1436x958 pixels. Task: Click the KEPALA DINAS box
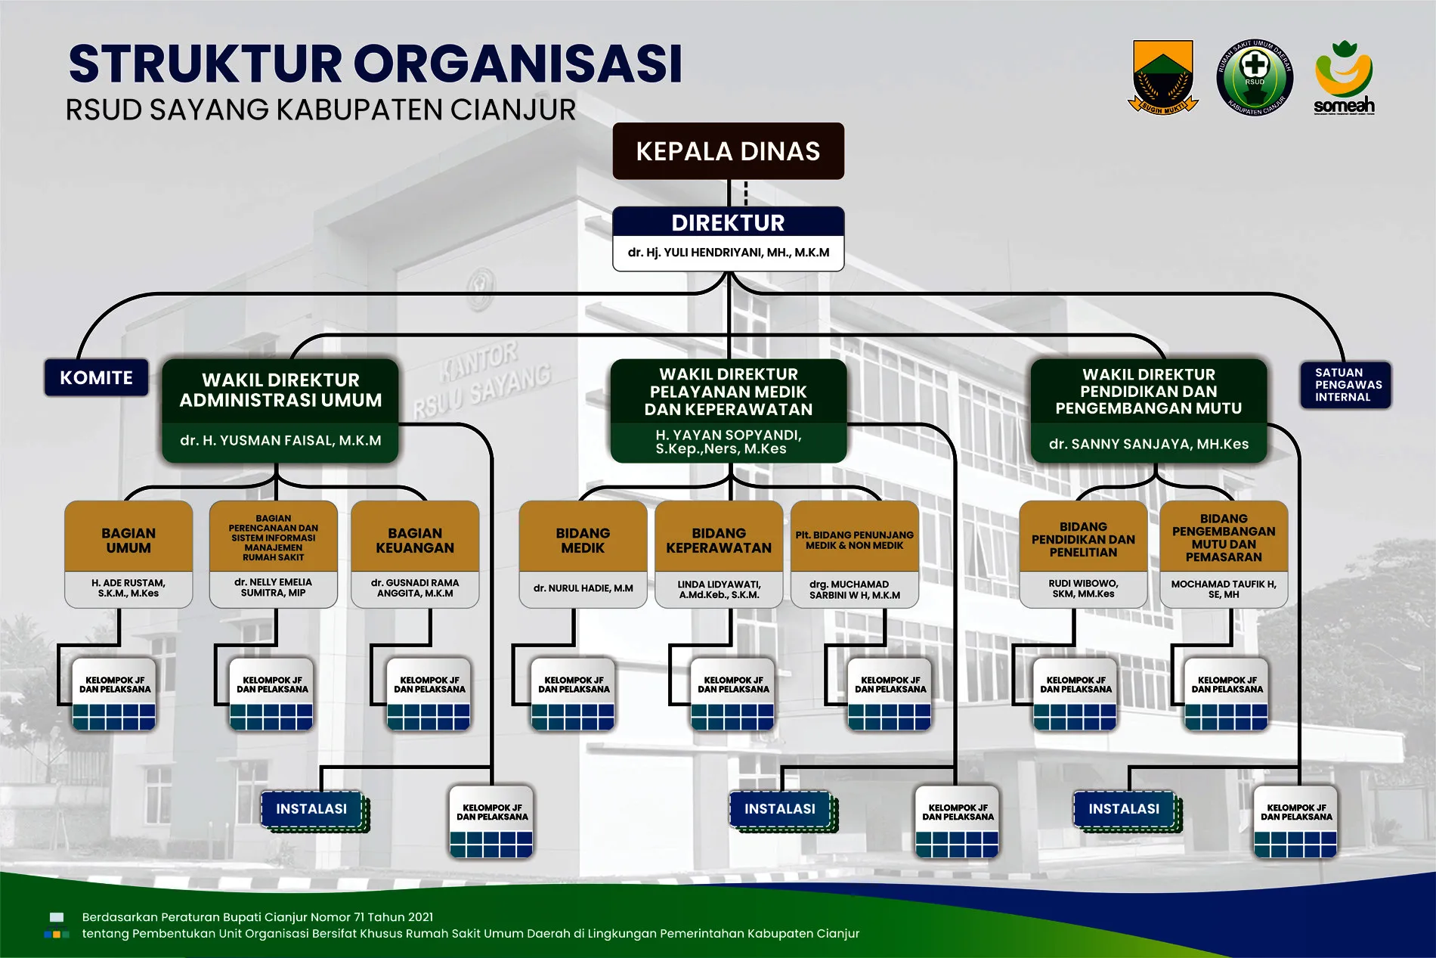[x=728, y=151]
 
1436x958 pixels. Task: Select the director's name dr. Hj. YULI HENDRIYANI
[x=728, y=253]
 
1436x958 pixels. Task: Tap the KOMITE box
[x=96, y=378]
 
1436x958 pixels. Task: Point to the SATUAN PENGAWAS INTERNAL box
[x=1345, y=385]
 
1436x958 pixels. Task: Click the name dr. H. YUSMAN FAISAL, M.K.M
[x=280, y=441]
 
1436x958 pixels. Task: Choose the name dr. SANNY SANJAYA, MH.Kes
[x=1148, y=445]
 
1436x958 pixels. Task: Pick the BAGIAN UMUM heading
[x=128, y=540]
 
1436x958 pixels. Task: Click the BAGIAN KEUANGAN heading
[x=415, y=540]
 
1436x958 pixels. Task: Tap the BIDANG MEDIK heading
[x=583, y=540]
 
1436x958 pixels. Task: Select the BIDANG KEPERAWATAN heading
[x=719, y=540]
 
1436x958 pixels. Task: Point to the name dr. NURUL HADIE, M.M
[x=583, y=588]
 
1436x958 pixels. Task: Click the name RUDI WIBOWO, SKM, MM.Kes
[x=1083, y=589]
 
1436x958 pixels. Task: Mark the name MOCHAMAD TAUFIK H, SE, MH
[x=1224, y=589]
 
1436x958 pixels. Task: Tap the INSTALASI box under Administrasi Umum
[x=311, y=809]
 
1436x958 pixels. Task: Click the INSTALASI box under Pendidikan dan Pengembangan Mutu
[x=1124, y=809]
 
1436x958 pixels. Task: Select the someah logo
[x=1344, y=77]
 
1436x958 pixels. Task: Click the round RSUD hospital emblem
[x=1255, y=77]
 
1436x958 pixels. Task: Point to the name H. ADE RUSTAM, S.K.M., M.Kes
[x=128, y=588]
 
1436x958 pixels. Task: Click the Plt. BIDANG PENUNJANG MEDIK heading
[x=854, y=540]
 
